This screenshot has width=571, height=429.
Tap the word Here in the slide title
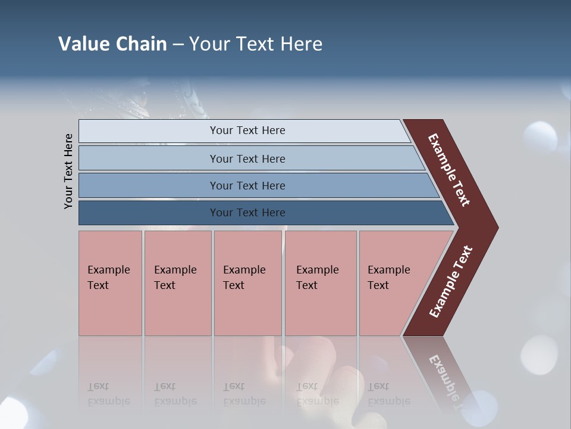[301, 44]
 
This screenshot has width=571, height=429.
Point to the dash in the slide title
[178, 45]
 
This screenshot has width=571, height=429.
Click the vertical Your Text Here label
[68, 171]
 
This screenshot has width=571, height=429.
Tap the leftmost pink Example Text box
[110, 283]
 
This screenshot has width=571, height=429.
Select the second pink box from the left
[177, 283]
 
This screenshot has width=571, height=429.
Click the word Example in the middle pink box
[244, 270]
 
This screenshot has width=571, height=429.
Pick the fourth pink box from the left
[320, 283]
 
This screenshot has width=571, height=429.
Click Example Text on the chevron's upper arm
[449, 170]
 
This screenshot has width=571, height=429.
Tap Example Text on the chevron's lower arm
[451, 282]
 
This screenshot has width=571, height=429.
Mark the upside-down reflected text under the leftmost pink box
[108, 394]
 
